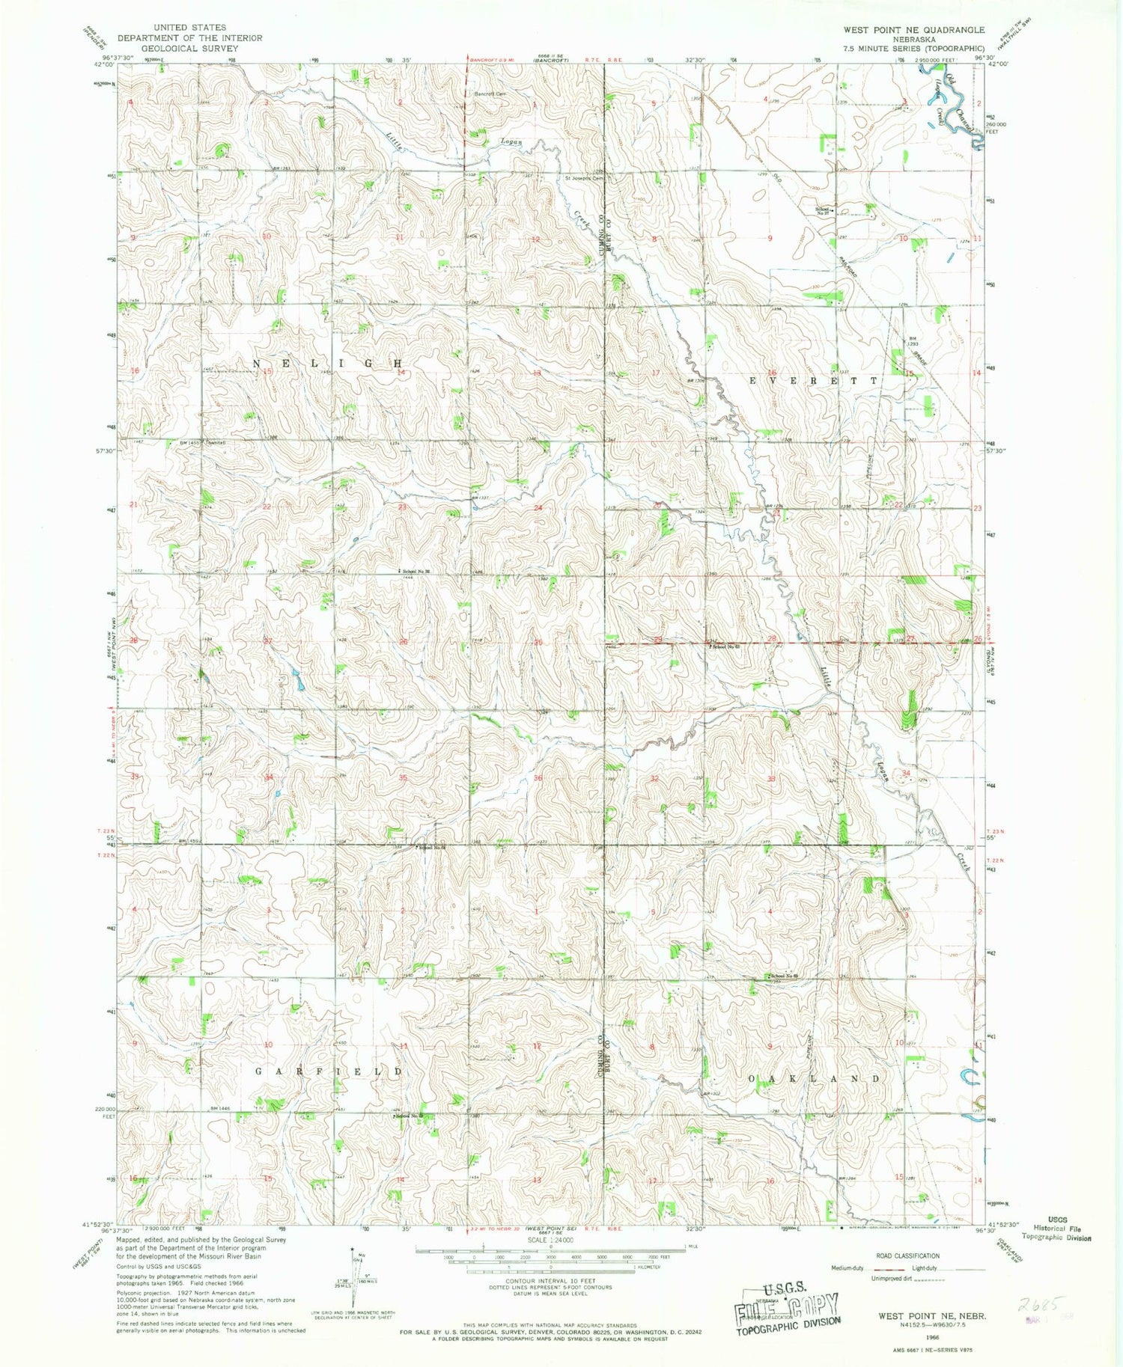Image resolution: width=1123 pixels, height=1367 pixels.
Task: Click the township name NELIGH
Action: pos(329,363)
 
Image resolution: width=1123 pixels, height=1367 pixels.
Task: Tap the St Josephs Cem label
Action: pos(584,178)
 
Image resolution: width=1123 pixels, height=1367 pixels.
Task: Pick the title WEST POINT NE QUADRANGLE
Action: pos(913,30)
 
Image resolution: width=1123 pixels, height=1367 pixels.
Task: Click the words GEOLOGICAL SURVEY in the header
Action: pos(189,49)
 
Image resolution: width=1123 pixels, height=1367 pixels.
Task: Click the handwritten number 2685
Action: pos(1038,1304)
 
